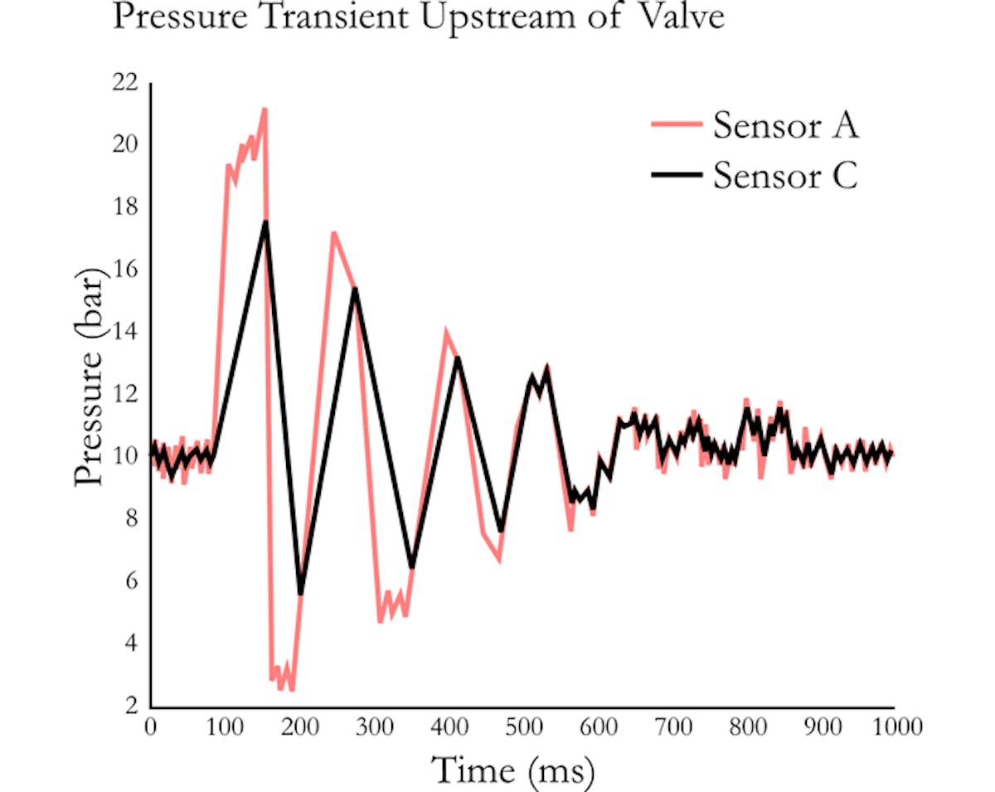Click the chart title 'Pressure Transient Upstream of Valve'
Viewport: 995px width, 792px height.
coord(419,17)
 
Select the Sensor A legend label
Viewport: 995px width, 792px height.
coord(785,127)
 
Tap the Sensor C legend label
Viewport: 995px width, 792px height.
coord(785,175)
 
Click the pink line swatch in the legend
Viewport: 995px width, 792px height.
coord(677,127)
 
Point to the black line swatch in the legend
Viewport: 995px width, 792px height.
coord(677,175)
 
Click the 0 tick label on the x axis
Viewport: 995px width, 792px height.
coord(151,727)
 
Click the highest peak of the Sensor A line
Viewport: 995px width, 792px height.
coord(265,109)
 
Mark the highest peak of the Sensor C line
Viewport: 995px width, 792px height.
coord(265,222)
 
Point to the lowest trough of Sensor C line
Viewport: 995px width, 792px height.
coord(300,592)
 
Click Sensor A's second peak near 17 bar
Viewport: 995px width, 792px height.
coord(333,234)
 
